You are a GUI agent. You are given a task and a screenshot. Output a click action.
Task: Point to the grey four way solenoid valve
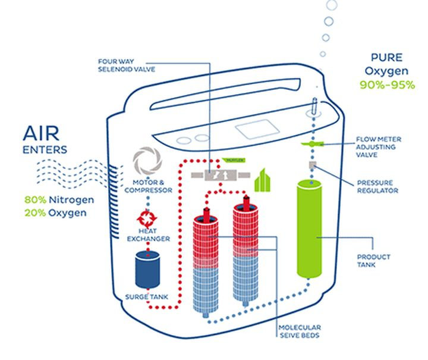pyautogui.click(x=216, y=176)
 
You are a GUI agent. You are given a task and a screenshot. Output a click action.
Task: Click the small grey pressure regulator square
pyautogui.click(x=311, y=164)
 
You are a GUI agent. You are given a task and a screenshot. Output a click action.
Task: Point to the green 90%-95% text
pyautogui.click(x=386, y=85)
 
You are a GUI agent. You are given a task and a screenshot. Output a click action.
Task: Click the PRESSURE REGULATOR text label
pyautogui.click(x=373, y=187)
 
